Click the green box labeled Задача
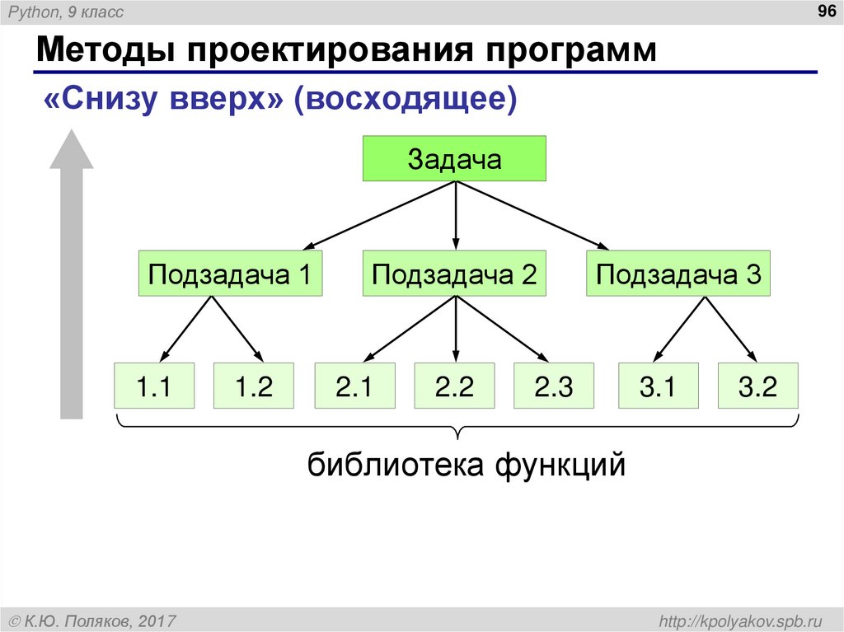coord(455,158)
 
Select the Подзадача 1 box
coord(229,274)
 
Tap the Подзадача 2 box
coord(454,274)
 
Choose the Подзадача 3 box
coord(678,274)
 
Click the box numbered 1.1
coord(154,386)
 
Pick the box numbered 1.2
coord(254,386)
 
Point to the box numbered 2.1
coord(354,386)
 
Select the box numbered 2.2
coord(454,386)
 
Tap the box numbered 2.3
coord(554,386)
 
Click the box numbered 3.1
coord(658,386)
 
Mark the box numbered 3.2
coord(757,386)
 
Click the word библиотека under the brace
coord(396,466)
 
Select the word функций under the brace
coord(560,466)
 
